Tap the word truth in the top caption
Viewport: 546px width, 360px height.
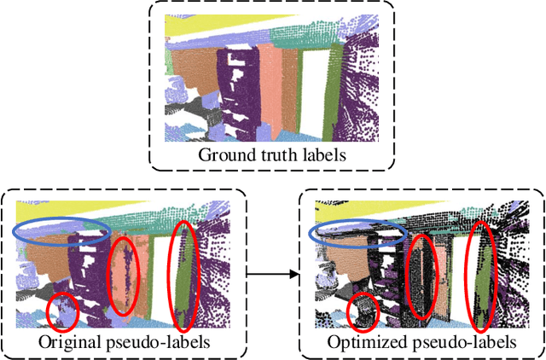point(270,155)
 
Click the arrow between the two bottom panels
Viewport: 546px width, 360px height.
point(273,275)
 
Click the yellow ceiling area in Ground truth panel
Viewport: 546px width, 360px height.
point(205,28)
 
